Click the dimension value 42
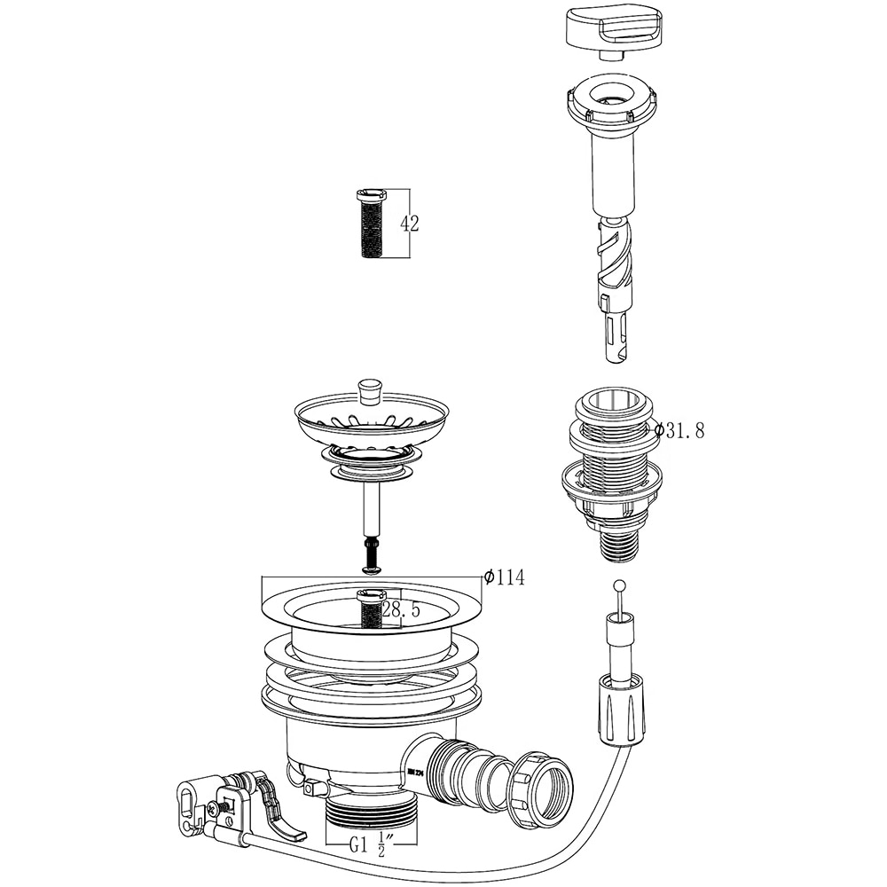(410, 224)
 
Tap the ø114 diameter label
(505, 577)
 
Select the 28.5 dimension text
(403, 610)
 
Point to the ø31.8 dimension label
(680, 430)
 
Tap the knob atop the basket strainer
(369, 390)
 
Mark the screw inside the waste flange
(371, 608)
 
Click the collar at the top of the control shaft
(612, 102)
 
